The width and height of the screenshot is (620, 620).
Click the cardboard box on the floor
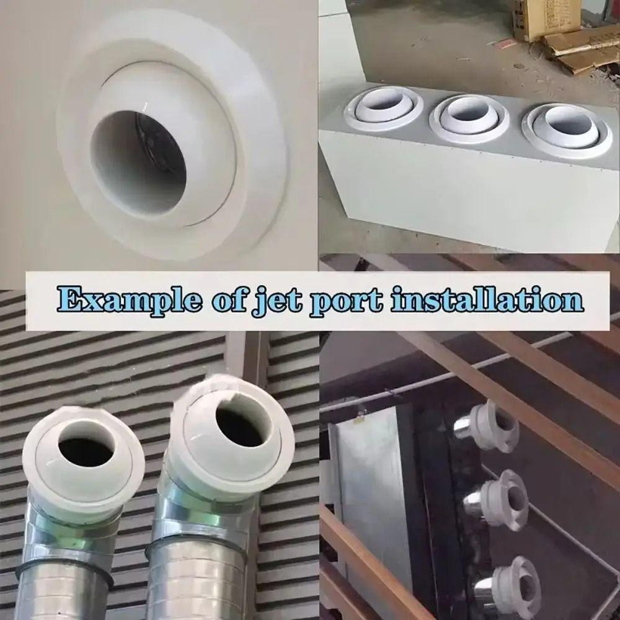tap(546, 19)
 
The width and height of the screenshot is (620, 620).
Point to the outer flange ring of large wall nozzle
tap(260, 186)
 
